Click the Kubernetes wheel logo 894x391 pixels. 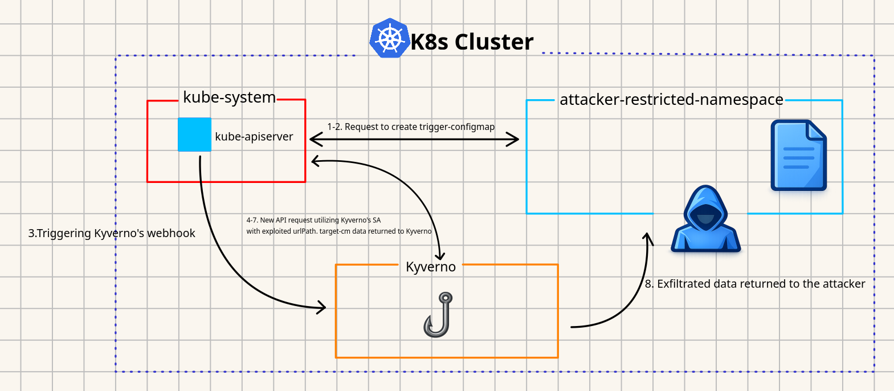click(390, 38)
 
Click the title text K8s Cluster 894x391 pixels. click(472, 42)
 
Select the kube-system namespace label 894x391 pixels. click(229, 97)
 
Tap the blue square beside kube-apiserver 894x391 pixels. click(194, 135)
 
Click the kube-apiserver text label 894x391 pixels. click(254, 137)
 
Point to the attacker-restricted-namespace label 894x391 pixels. click(671, 100)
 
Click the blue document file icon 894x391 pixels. click(799, 155)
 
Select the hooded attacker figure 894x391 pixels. click(705, 218)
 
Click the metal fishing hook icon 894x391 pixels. click(438, 315)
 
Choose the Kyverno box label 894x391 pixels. click(431, 267)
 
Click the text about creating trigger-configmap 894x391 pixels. click(411, 127)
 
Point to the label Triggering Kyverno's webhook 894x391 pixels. click(112, 233)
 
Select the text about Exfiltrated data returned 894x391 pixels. click(755, 284)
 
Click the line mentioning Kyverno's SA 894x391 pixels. click(314, 220)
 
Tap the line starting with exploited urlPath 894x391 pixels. click(339, 231)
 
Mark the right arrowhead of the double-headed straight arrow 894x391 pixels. click(512, 140)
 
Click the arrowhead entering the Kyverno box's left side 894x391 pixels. click(321, 308)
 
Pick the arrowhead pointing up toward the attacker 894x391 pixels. click(647, 239)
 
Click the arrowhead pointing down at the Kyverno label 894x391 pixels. click(440, 255)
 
